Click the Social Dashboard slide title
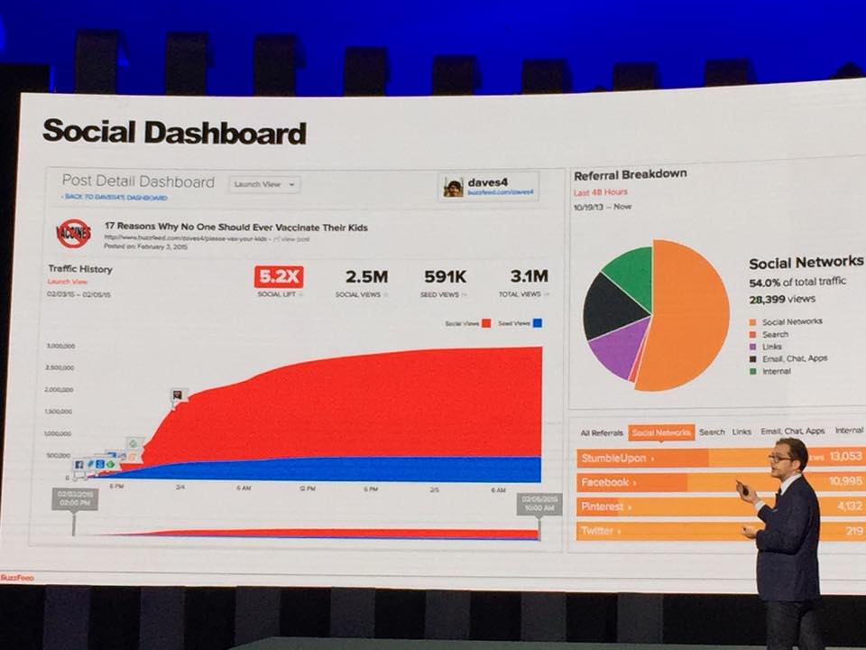tap(174, 133)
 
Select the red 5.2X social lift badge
tap(277, 277)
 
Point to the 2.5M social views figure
tap(365, 277)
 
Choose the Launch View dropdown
tap(263, 184)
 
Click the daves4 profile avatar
tap(452, 187)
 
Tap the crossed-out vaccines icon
tap(74, 234)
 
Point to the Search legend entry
tap(774, 334)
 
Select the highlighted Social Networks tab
tap(661, 432)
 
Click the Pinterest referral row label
tap(603, 506)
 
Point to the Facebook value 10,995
tap(844, 482)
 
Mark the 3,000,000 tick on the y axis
tap(59, 346)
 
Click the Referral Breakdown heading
tap(631, 174)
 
